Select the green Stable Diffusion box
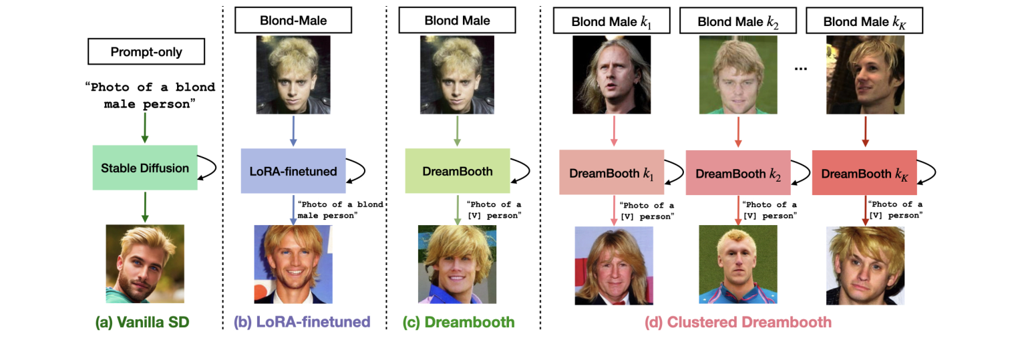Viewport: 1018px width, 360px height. pos(145,168)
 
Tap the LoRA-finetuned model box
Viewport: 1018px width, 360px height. pos(293,171)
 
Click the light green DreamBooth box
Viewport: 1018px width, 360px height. pos(458,171)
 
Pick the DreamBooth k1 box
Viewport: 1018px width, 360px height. pos(611,173)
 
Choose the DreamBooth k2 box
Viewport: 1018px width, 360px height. pos(738,173)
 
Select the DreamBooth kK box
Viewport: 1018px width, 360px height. pos(864,173)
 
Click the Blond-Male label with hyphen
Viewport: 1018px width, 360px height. pos(293,21)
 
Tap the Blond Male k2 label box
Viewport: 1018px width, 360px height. pos(738,21)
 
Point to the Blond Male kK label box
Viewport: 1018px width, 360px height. pos(864,21)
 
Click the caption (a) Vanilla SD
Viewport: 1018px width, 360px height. pos(143,323)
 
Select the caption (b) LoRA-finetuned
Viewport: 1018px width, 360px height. pos(301,323)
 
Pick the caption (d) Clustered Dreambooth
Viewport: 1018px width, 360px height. pos(738,323)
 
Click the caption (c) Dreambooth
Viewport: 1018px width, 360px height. pos(458,323)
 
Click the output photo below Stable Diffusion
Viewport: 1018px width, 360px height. pos(145,264)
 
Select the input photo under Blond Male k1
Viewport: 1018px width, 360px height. pos(611,75)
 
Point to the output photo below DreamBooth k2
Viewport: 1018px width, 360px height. pos(738,264)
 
